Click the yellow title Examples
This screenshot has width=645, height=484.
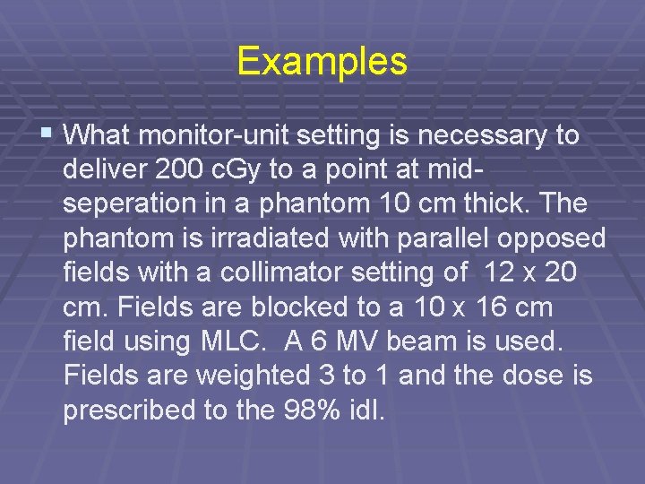click(x=322, y=62)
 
